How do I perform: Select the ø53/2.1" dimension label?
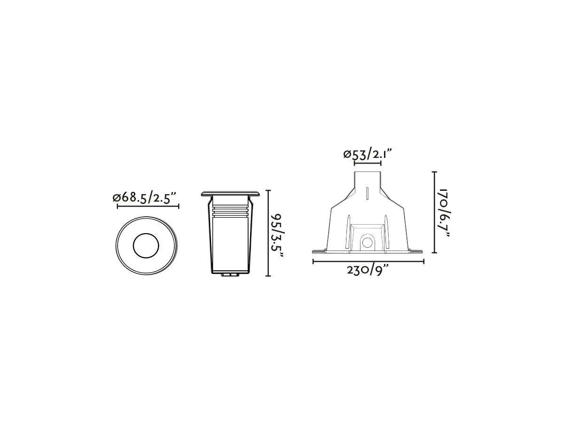click(x=368, y=154)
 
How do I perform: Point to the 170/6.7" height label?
click(x=445, y=213)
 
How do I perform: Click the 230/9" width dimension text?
click(x=368, y=270)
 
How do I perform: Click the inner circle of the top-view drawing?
click(x=146, y=246)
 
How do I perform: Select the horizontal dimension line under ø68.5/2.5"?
click(x=148, y=206)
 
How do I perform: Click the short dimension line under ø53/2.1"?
click(x=368, y=163)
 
